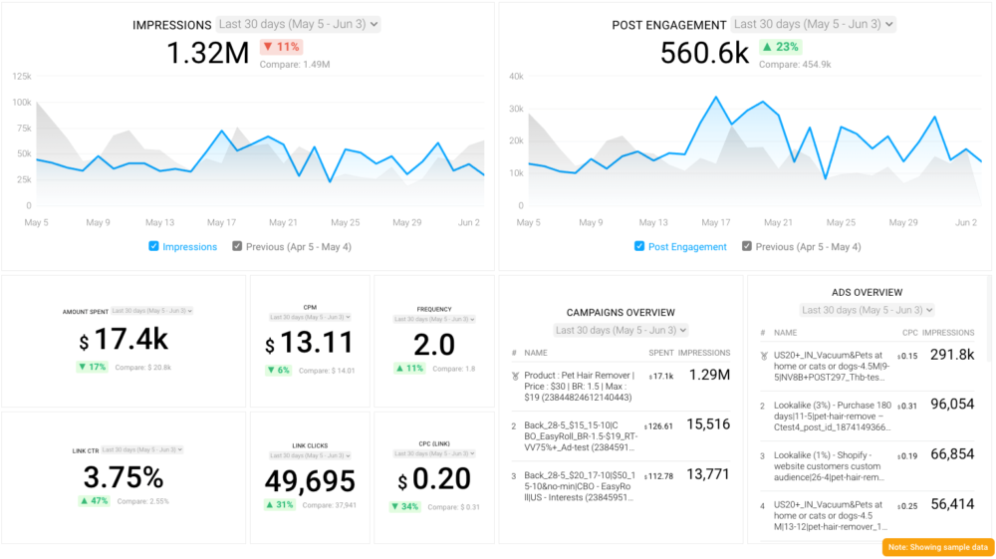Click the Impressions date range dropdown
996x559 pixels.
299,24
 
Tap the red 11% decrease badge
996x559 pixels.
281,47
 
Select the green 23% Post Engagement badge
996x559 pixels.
781,47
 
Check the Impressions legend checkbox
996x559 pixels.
153,246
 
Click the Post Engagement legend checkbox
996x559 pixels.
639,246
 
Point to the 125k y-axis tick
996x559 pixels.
21,76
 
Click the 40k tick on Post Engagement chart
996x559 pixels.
516,76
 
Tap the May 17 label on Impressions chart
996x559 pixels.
221,222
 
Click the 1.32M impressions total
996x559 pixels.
207,53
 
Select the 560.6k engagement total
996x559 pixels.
705,53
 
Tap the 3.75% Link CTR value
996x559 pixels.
124,476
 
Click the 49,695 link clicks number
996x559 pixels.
310,481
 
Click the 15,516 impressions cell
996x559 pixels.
708,424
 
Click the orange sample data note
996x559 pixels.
937,547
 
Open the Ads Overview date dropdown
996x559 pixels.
866,310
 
